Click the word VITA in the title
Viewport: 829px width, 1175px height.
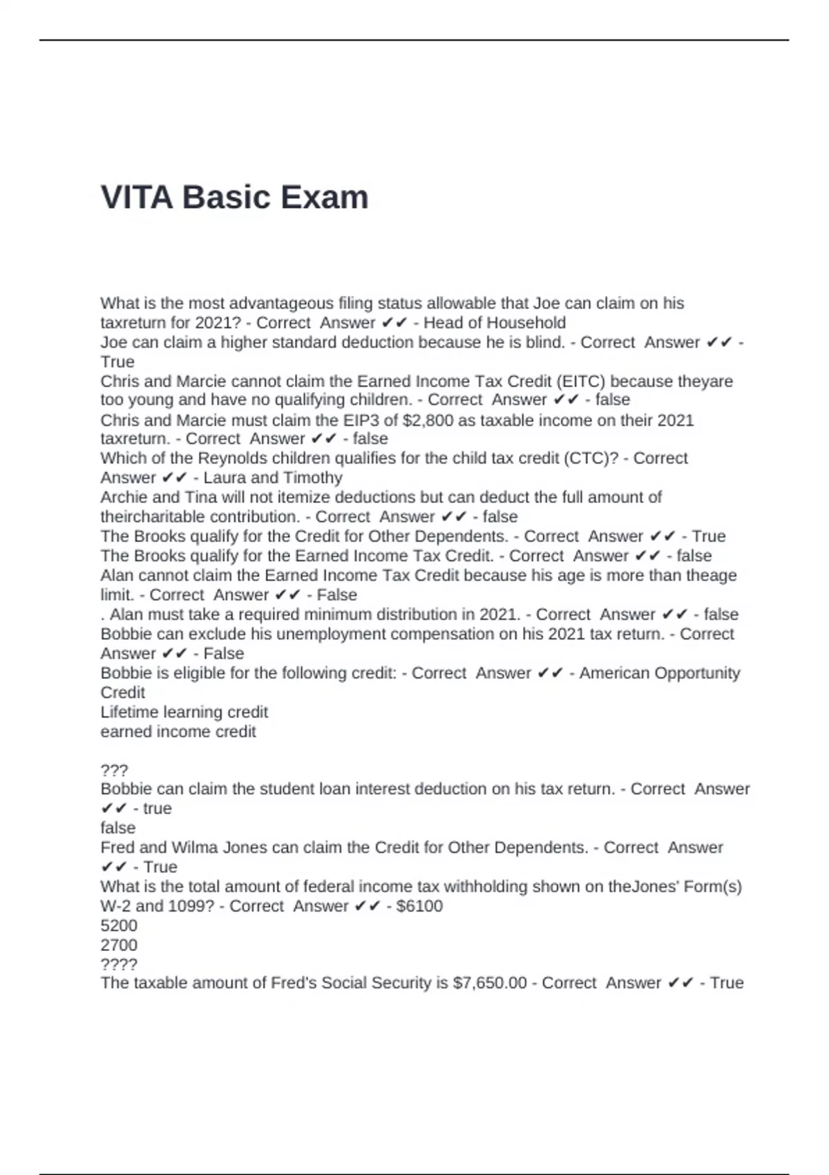tap(136, 198)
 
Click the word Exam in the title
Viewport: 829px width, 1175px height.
tap(325, 198)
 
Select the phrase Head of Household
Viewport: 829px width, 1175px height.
tap(495, 323)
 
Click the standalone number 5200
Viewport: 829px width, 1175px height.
tap(119, 925)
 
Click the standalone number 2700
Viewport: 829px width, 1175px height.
tap(119, 945)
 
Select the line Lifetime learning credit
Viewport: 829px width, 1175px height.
tap(184, 712)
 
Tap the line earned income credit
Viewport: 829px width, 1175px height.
tap(178, 731)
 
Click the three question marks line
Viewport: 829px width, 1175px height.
tap(114, 770)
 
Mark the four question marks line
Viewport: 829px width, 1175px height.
tap(119, 964)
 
